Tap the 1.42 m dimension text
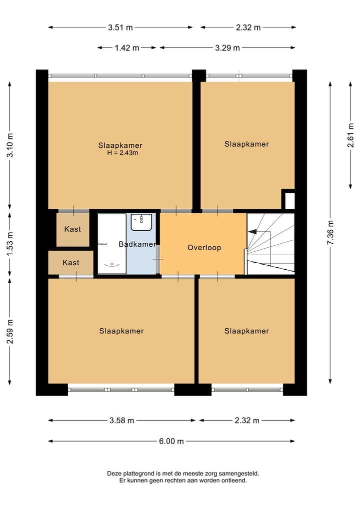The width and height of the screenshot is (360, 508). point(127,48)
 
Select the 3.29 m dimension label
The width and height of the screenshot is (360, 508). point(227,48)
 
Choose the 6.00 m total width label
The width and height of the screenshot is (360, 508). point(171,441)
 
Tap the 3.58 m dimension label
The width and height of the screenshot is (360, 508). point(122,421)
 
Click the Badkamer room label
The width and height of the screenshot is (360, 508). point(137,244)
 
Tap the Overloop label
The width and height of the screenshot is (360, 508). point(204,247)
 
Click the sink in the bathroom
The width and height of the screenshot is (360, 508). point(141,222)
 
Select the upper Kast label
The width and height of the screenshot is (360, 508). point(72,229)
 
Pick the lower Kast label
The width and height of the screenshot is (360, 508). point(70,262)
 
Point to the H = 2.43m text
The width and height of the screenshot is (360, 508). point(122,153)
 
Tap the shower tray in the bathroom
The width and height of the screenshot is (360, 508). point(111,243)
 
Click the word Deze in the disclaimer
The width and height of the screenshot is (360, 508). point(114,474)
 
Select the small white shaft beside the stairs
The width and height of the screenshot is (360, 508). point(289,200)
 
